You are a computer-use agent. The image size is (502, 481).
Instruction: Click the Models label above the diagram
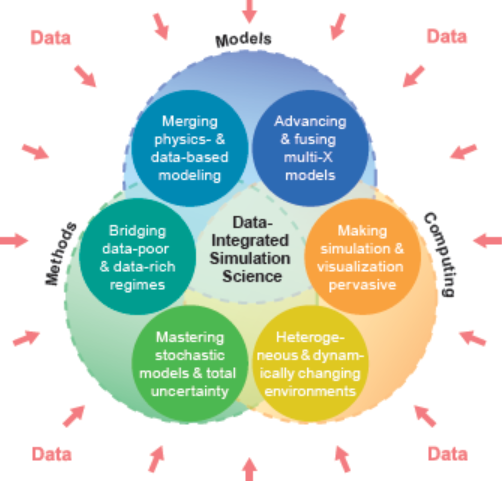click(x=243, y=40)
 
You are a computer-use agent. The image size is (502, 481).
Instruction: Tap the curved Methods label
click(x=61, y=253)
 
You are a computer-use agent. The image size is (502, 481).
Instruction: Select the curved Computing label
click(x=440, y=254)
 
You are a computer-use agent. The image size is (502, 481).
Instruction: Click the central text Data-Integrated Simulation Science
click(x=250, y=249)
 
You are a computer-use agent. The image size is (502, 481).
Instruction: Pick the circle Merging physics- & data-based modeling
click(x=190, y=148)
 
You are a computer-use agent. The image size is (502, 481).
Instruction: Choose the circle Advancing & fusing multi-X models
click(x=310, y=148)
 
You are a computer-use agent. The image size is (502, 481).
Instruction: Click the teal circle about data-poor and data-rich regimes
click(x=137, y=256)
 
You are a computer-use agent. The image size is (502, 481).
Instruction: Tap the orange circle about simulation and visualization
click(x=362, y=256)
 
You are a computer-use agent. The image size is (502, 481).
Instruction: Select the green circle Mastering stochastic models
click(x=190, y=364)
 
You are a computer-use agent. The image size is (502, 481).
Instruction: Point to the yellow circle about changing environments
click(x=310, y=364)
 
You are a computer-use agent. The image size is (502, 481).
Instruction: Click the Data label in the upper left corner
click(x=51, y=38)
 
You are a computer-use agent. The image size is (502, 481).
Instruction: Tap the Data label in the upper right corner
click(x=447, y=36)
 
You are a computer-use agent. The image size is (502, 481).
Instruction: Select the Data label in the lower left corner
click(x=52, y=454)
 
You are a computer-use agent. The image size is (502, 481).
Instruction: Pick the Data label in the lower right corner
click(x=448, y=454)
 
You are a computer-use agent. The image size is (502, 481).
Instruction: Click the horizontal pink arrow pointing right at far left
click(x=14, y=240)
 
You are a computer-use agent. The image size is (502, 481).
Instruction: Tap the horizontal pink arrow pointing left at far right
click(x=487, y=240)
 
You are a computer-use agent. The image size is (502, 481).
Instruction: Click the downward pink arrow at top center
click(x=249, y=11)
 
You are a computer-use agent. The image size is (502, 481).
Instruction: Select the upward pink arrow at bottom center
click(x=249, y=469)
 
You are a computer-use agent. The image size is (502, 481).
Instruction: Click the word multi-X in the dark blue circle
click(x=308, y=157)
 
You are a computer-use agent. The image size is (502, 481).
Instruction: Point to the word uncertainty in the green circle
click(x=190, y=391)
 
